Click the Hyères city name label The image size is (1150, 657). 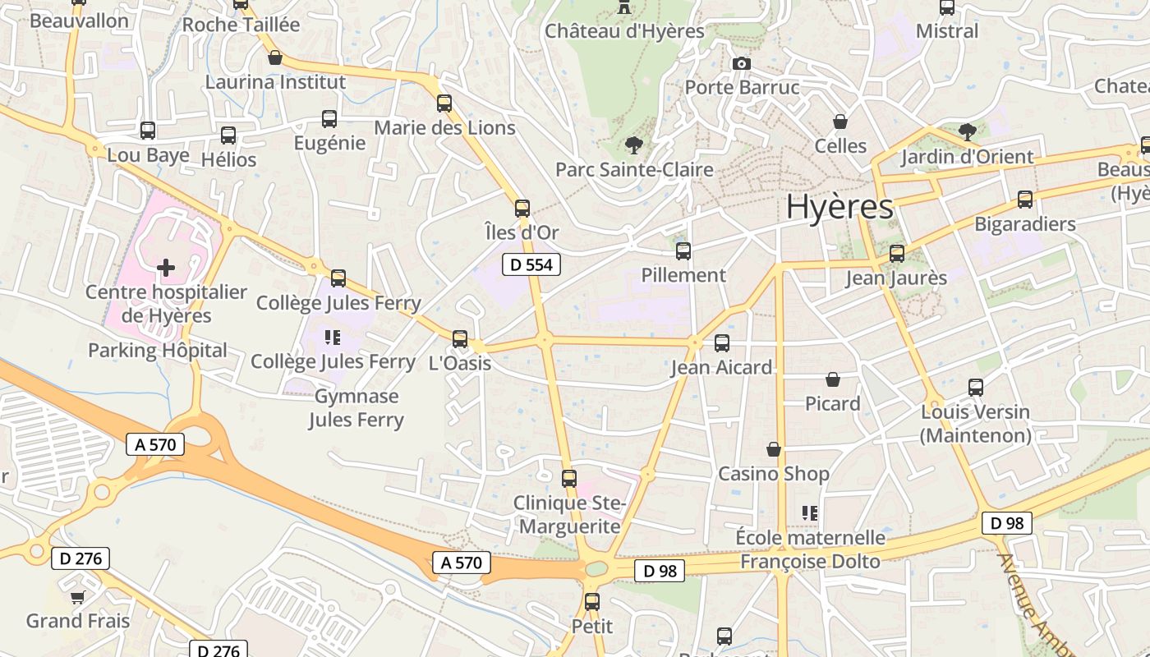839,207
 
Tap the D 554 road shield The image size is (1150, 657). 531,264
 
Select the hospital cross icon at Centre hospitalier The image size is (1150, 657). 166,268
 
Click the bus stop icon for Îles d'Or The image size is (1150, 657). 522,209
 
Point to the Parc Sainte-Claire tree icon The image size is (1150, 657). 633,146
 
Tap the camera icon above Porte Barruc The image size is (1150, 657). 741,63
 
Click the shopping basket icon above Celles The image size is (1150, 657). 840,122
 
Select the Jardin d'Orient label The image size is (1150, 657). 967,157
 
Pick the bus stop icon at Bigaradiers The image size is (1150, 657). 1025,200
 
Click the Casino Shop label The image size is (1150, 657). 774,474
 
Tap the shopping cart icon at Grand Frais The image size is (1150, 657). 77,597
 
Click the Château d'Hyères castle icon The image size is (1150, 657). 624,7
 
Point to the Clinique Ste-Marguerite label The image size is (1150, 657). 570,514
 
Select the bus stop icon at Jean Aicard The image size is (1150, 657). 722,343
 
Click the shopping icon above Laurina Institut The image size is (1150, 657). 275,58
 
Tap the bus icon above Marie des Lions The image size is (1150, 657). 444,103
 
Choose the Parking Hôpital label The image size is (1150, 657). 158,351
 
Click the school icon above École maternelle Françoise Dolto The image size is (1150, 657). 810,513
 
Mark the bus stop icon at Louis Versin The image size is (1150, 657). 976,388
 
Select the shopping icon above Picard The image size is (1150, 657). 833,379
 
